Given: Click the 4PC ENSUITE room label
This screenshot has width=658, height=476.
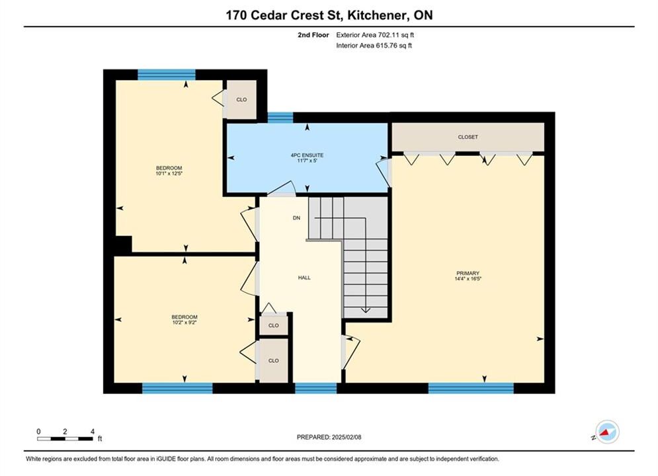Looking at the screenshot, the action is click(x=308, y=155).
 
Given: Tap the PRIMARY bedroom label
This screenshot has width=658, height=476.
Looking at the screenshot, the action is click(x=468, y=273).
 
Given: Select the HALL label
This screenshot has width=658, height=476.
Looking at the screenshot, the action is click(x=304, y=278).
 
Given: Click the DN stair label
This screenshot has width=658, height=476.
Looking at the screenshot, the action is click(x=297, y=218).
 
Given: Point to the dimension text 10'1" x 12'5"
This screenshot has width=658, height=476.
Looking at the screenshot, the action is click(x=169, y=173).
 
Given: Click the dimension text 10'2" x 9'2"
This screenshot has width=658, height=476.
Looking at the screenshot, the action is click(x=185, y=323).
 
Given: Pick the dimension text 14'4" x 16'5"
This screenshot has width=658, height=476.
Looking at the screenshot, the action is click(x=468, y=278).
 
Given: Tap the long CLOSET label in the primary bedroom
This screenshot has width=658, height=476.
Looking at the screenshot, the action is click(x=468, y=137).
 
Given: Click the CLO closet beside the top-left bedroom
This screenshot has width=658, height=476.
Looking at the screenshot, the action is click(x=241, y=100).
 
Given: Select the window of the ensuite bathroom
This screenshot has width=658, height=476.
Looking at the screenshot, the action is click(x=280, y=118).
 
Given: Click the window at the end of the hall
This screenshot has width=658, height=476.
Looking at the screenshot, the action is click(x=316, y=388).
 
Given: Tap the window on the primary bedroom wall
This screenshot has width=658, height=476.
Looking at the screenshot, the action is click(x=471, y=388).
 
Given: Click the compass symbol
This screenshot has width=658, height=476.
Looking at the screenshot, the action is click(x=607, y=432).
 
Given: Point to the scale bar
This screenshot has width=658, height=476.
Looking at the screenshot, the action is click(x=65, y=439).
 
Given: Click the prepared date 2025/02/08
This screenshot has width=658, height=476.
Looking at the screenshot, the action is click(x=347, y=437).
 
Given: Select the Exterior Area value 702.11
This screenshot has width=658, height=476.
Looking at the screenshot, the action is click(x=388, y=35).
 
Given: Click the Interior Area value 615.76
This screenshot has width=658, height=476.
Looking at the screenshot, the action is click(x=386, y=46).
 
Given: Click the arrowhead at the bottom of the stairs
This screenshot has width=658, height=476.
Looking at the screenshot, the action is click(x=366, y=310).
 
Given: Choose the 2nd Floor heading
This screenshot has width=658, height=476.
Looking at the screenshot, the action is click(x=313, y=35).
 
